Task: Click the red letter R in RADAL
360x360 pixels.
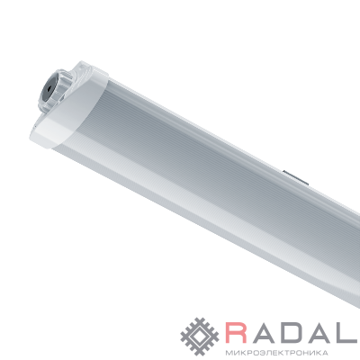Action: pos(237,332)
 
